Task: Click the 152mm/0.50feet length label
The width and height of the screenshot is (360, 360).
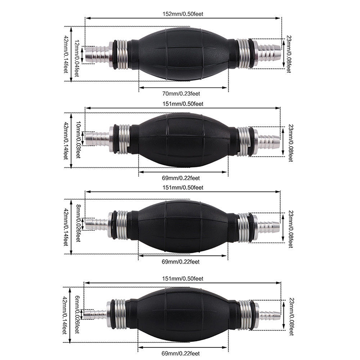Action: (x=183, y=14)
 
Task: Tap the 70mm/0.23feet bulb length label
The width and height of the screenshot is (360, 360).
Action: (x=181, y=94)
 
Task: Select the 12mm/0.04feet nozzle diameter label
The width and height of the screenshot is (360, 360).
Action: (x=76, y=58)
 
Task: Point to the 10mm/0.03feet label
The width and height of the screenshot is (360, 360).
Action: (x=78, y=140)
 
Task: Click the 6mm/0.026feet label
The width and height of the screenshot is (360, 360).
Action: (x=77, y=315)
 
